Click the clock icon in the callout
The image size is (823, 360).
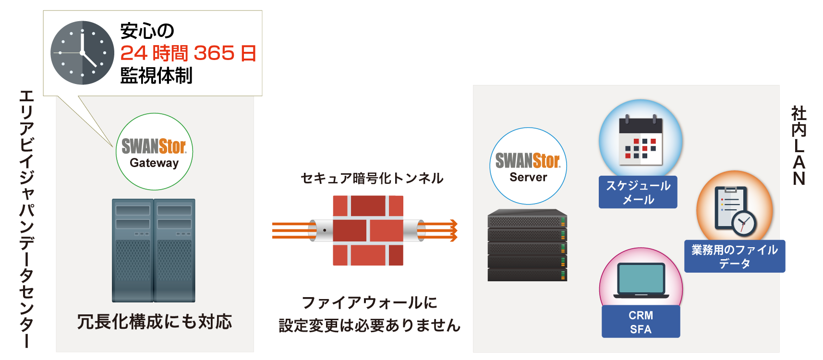pyautogui.click(x=82, y=53)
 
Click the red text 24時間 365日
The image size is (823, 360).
pyautogui.click(x=188, y=53)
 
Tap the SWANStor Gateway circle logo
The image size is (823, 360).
pyautogui.click(x=154, y=152)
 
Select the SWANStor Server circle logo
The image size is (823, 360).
pyautogui.click(x=528, y=166)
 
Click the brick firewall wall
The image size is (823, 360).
pyautogui.click(x=368, y=230)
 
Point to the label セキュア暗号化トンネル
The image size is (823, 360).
pyautogui.click(x=372, y=179)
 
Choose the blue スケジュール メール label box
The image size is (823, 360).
pyautogui.click(x=638, y=192)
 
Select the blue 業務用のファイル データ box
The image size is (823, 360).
pyautogui.click(x=734, y=256)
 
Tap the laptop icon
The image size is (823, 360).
pyautogui.click(x=641, y=281)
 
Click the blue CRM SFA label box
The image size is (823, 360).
pyautogui.click(x=641, y=322)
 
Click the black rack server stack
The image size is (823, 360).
pyautogui.click(x=527, y=245)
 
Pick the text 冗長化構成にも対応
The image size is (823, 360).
pyautogui.click(x=155, y=322)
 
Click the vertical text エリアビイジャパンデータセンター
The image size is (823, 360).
pyautogui.click(x=26, y=218)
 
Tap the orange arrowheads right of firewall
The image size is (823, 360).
pyautogui.click(x=453, y=230)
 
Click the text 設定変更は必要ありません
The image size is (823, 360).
pyautogui.click(x=369, y=325)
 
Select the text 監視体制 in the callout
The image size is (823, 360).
pyautogui.click(x=156, y=75)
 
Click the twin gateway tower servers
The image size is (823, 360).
pyautogui.click(x=154, y=250)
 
